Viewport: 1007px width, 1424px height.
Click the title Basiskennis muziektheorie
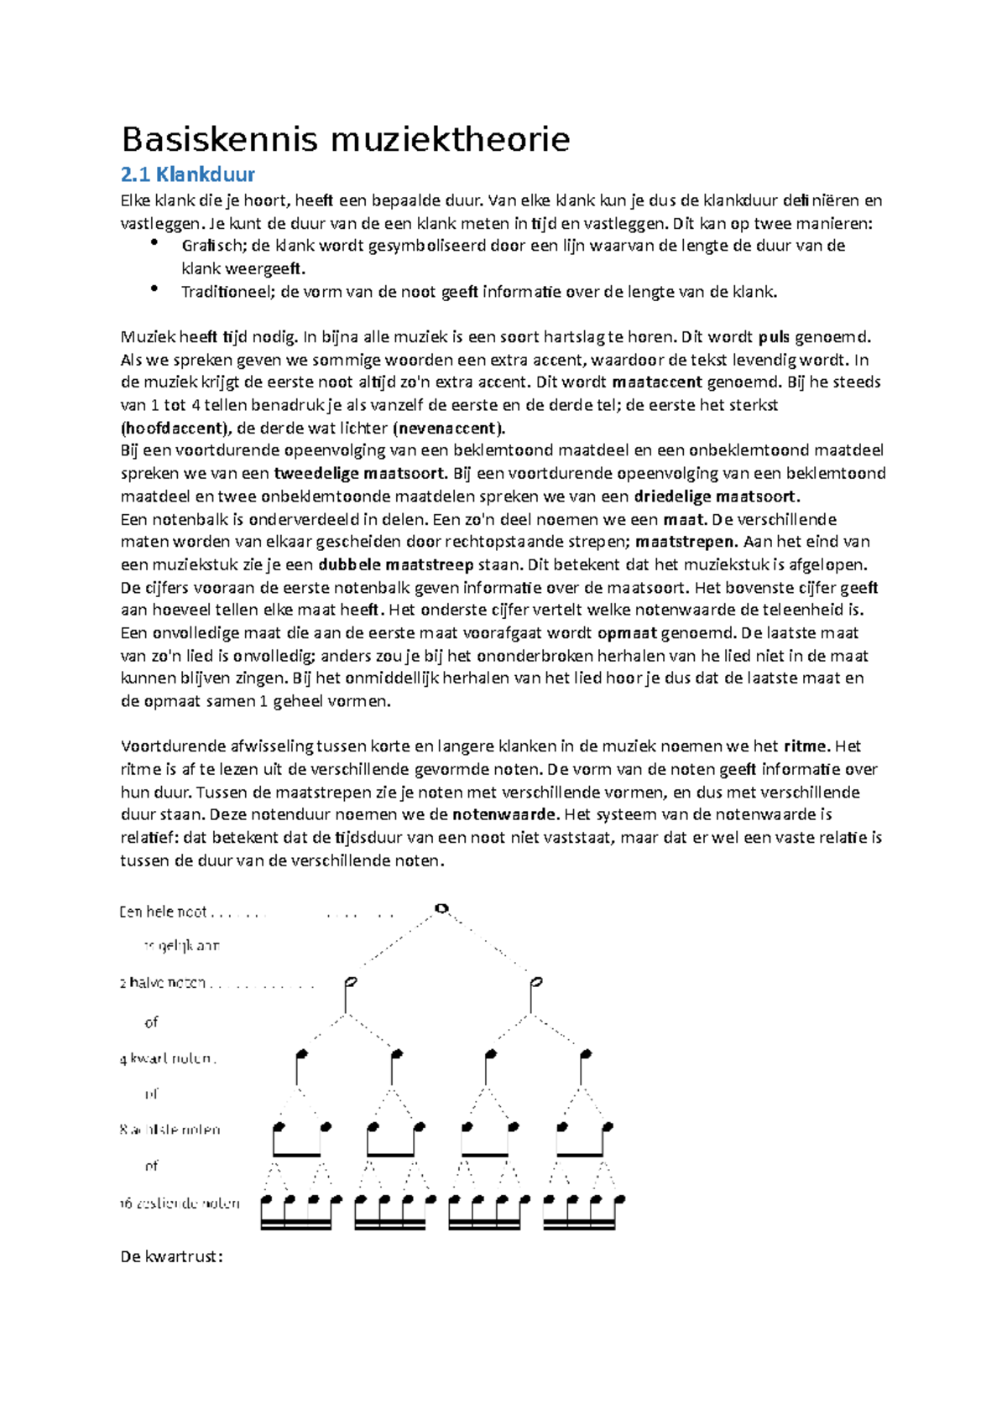point(345,139)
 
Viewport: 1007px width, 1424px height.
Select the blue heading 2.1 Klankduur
point(187,174)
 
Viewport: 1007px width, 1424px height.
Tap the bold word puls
point(774,338)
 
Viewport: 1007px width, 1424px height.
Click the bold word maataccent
point(657,382)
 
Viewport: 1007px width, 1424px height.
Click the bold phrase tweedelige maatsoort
point(359,473)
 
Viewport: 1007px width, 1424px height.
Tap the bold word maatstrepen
point(683,541)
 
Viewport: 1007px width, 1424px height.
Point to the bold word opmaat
point(627,632)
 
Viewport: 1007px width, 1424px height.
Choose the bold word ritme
point(806,746)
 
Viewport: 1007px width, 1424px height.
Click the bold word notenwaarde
point(505,814)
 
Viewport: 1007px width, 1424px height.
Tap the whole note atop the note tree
point(441,908)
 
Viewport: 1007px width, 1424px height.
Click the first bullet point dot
point(154,244)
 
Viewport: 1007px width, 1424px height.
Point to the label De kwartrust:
point(172,1257)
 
